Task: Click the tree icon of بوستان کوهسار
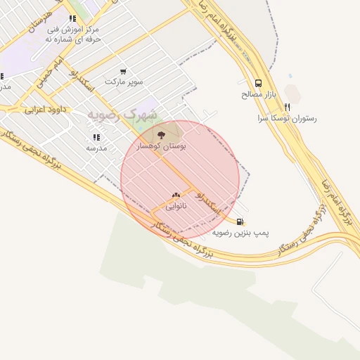pos(162,134)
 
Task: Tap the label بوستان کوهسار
pos(165,146)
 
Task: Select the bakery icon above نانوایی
pos(176,195)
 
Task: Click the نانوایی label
pos(176,207)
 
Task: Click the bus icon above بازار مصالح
pos(259,82)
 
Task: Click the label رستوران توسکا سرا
pos(286,118)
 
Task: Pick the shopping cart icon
pos(124,71)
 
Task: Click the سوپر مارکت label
pos(124,82)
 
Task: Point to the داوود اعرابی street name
pos(44,110)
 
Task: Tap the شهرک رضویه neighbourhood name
pos(122,114)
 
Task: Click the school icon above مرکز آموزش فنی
pos(72,18)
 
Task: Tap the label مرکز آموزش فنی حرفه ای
pos(72,34)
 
